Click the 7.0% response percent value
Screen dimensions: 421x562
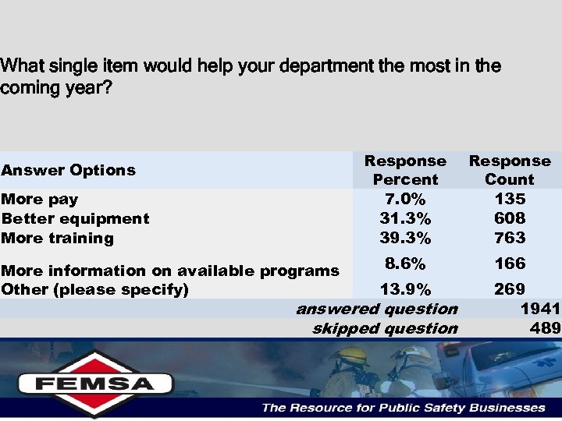pyautogui.click(x=405, y=199)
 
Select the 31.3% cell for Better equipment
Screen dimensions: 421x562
pyautogui.click(x=405, y=218)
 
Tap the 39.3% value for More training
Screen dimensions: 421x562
pyautogui.click(x=405, y=238)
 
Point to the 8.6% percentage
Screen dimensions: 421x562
pyautogui.click(x=405, y=264)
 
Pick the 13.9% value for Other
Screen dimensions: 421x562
pyautogui.click(x=405, y=290)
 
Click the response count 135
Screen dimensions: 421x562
pyautogui.click(x=510, y=199)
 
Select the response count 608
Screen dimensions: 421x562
pyautogui.click(x=510, y=218)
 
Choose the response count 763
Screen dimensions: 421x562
pyautogui.click(x=510, y=238)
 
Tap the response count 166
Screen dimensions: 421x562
pyautogui.click(x=510, y=264)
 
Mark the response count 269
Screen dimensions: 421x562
pyautogui.click(x=510, y=290)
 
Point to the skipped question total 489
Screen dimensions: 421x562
pyautogui.click(x=545, y=328)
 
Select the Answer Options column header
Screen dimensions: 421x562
pyautogui.click(x=69, y=170)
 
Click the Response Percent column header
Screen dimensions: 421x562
pyautogui.click(x=405, y=170)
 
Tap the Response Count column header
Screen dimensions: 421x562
pyautogui.click(x=510, y=170)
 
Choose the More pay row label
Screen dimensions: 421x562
pyautogui.click(x=40, y=199)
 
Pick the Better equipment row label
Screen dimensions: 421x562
pyautogui.click(x=76, y=218)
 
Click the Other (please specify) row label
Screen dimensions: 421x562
pyautogui.click(x=95, y=290)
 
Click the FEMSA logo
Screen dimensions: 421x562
pyautogui.click(x=94, y=383)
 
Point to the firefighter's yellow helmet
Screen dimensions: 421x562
pyautogui.click(x=353, y=356)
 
